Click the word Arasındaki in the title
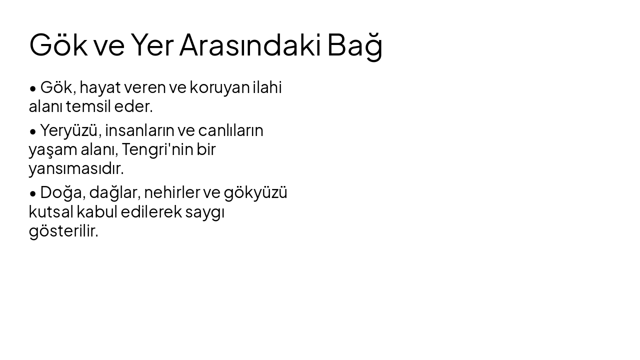(x=250, y=45)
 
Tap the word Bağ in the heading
(x=355, y=45)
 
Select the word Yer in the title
(x=152, y=45)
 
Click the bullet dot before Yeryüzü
(x=33, y=131)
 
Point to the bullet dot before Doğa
(x=33, y=193)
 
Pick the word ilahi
(x=267, y=87)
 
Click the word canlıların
(x=230, y=130)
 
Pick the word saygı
(x=204, y=212)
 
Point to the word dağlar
(x=114, y=193)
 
